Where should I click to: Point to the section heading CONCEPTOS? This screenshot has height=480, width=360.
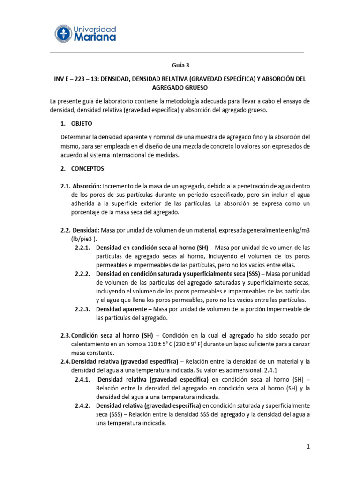[88, 168]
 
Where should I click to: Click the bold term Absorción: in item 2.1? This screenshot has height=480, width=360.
[87, 186]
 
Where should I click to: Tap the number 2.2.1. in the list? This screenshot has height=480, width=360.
[83, 247]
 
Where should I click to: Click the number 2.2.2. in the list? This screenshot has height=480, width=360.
[83, 273]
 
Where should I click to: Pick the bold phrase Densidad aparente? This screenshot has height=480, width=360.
[122, 309]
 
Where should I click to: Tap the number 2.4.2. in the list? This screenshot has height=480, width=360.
[83, 405]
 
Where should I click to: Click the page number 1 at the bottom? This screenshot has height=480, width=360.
[308, 447]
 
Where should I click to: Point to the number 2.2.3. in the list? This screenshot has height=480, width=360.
[83, 309]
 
